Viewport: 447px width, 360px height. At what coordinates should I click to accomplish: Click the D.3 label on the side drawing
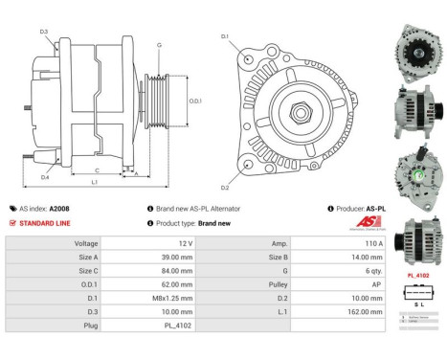click(45, 33)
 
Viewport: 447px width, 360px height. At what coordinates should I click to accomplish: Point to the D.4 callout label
click(45, 176)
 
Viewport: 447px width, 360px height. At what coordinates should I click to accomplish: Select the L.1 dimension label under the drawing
click(94, 182)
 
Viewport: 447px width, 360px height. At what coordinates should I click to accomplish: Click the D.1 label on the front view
click(225, 37)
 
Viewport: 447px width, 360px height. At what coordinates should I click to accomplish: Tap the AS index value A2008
click(59, 208)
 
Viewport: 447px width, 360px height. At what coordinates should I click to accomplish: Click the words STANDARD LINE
click(44, 222)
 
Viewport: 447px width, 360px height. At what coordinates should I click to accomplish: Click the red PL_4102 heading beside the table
click(417, 275)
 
